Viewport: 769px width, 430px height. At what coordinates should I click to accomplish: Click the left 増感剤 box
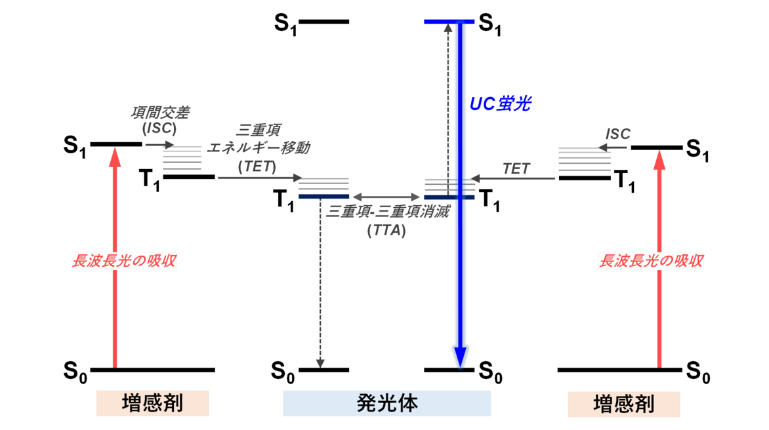pos(152,403)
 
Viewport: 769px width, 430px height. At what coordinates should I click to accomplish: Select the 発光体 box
pos(386,403)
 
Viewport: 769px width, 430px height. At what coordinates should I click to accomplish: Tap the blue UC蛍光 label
pos(500,104)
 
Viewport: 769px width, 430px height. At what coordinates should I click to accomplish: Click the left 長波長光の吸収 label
pos(124,262)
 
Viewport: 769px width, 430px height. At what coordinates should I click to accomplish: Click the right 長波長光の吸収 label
pos(652,262)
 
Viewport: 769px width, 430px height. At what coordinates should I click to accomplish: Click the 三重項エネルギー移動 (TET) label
pos(258,148)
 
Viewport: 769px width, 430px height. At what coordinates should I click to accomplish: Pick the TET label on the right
pos(516,168)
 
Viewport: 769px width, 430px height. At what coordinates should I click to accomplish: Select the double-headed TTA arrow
pos(386,196)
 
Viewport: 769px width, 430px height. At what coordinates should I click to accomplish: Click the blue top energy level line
pos(449,22)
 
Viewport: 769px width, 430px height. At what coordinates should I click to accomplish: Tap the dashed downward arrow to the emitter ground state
pos(320,282)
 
